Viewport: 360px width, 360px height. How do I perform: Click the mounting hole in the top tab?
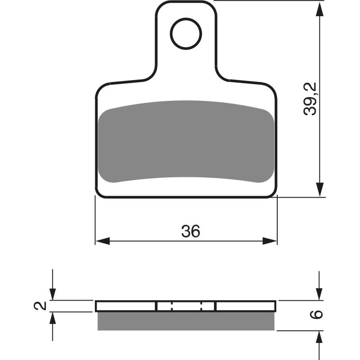185,32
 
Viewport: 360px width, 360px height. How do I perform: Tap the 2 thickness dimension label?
41,306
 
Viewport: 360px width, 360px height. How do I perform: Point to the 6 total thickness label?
317,315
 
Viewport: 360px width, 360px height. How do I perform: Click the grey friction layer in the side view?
185,321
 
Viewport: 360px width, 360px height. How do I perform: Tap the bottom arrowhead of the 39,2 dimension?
319,190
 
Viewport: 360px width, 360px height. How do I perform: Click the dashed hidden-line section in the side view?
185,306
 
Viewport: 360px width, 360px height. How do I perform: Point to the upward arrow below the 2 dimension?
53,319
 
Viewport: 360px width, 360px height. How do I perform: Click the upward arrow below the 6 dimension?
319,337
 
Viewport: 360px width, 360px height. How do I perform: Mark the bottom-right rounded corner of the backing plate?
273,193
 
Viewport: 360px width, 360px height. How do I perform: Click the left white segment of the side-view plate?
126,306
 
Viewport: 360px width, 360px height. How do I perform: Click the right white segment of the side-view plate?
245,306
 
